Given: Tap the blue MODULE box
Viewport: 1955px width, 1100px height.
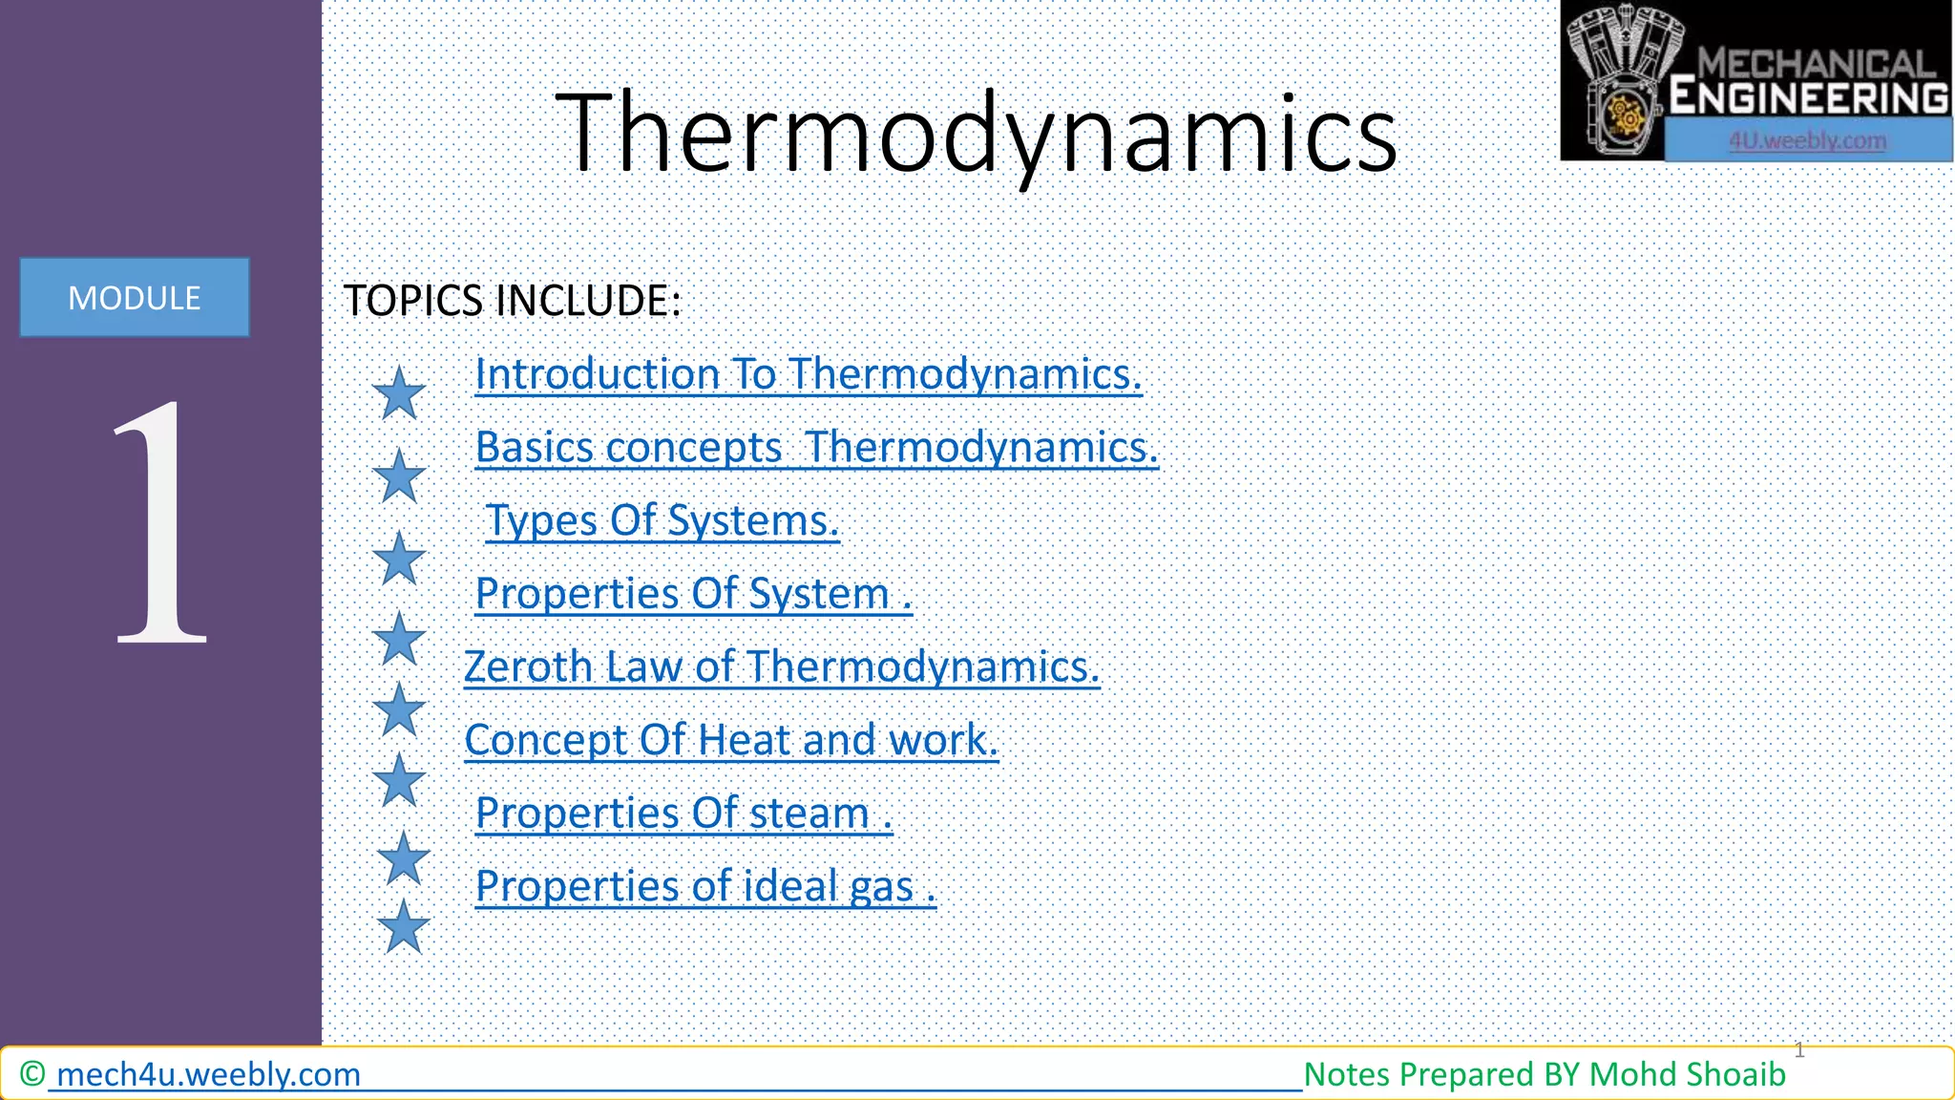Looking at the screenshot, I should click(x=135, y=298).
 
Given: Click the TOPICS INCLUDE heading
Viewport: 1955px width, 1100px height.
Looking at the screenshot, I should click(x=513, y=301).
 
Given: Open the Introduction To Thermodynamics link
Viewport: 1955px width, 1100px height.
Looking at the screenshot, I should click(x=808, y=374).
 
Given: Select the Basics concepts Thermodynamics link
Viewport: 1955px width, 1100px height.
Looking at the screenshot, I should click(x=816, y=448).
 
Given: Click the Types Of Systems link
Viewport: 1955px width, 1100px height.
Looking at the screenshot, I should click(x=662, y=521).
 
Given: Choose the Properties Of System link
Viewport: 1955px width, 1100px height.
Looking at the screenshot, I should click(x=693, y=594).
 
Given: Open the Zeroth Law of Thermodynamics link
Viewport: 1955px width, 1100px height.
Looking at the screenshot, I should click(x=781, y=667).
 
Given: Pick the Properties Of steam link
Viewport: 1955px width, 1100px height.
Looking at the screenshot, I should click(x=683, y=814).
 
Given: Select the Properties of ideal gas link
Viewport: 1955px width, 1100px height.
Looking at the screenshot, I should click(x=705, y=887).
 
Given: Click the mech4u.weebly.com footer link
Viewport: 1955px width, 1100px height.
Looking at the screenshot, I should click(x=208, y=1075).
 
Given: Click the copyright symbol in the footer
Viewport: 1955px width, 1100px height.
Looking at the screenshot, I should click(x=32, y=1074).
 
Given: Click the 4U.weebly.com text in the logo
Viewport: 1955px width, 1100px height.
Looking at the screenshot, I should click(x=1807, y=141).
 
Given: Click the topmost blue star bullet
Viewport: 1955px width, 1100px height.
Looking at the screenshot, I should click(x=399, y=393).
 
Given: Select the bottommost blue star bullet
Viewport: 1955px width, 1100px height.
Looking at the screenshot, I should click(x=404, y=926).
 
